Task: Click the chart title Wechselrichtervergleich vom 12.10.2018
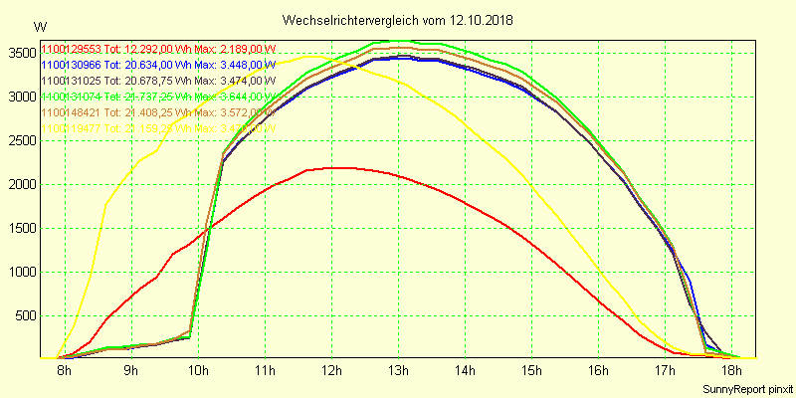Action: coord(398,20)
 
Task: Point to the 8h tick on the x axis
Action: coord(65,372)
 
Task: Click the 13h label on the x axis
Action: coord(398,372)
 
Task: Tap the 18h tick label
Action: coord(731,372)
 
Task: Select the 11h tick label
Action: coord(265,372)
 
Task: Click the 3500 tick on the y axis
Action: coord(22,53)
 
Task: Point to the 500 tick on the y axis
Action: coord(26,315)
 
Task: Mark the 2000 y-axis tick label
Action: coord(22,184)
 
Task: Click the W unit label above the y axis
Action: coord(39,26)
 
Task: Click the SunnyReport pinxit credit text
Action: coord(745,387)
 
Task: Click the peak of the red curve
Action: coord(336,167)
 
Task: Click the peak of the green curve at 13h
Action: coord(398,41)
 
